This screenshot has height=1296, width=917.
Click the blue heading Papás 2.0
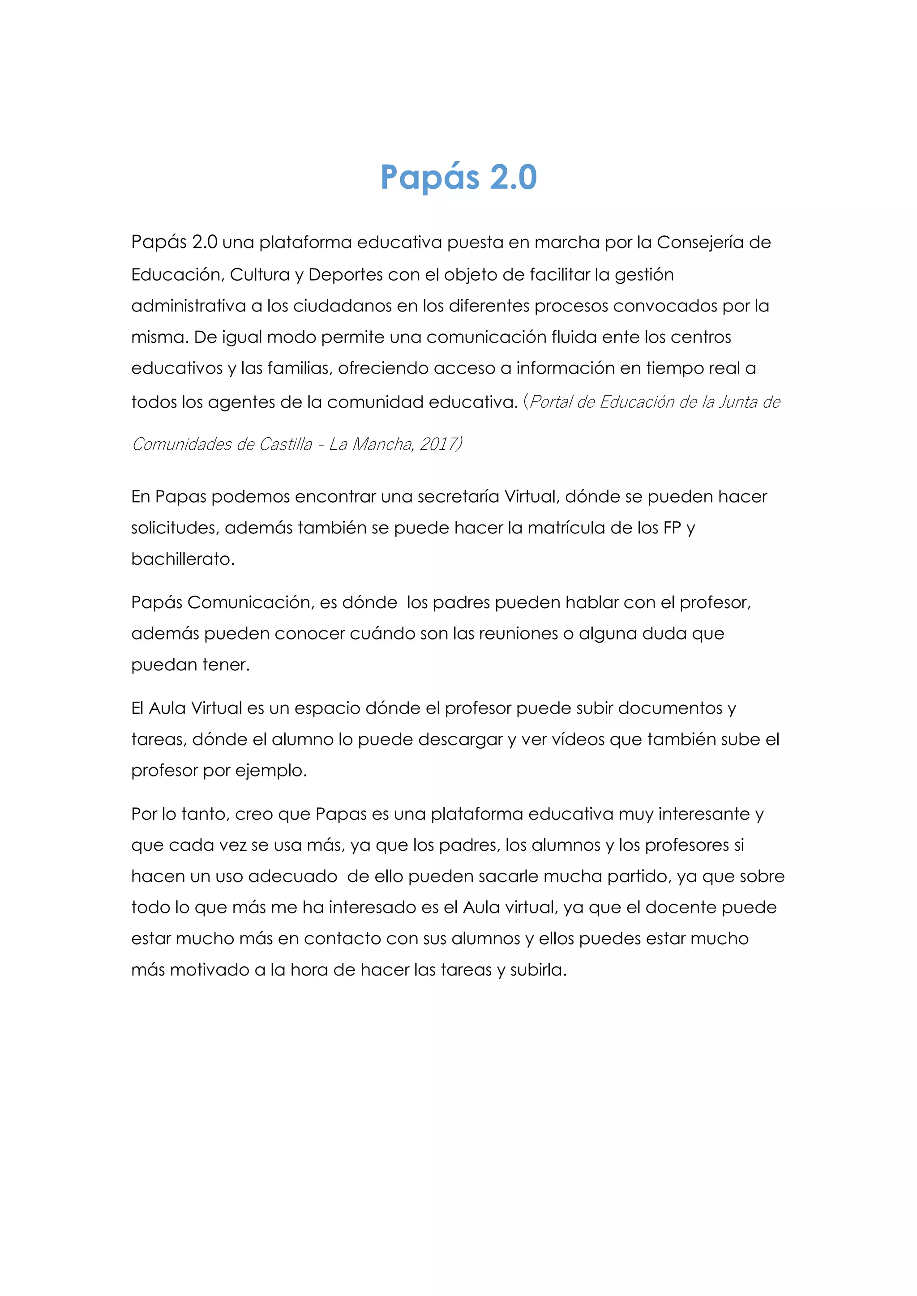pos(458,177)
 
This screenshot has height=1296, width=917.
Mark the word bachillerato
pos(182,559)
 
